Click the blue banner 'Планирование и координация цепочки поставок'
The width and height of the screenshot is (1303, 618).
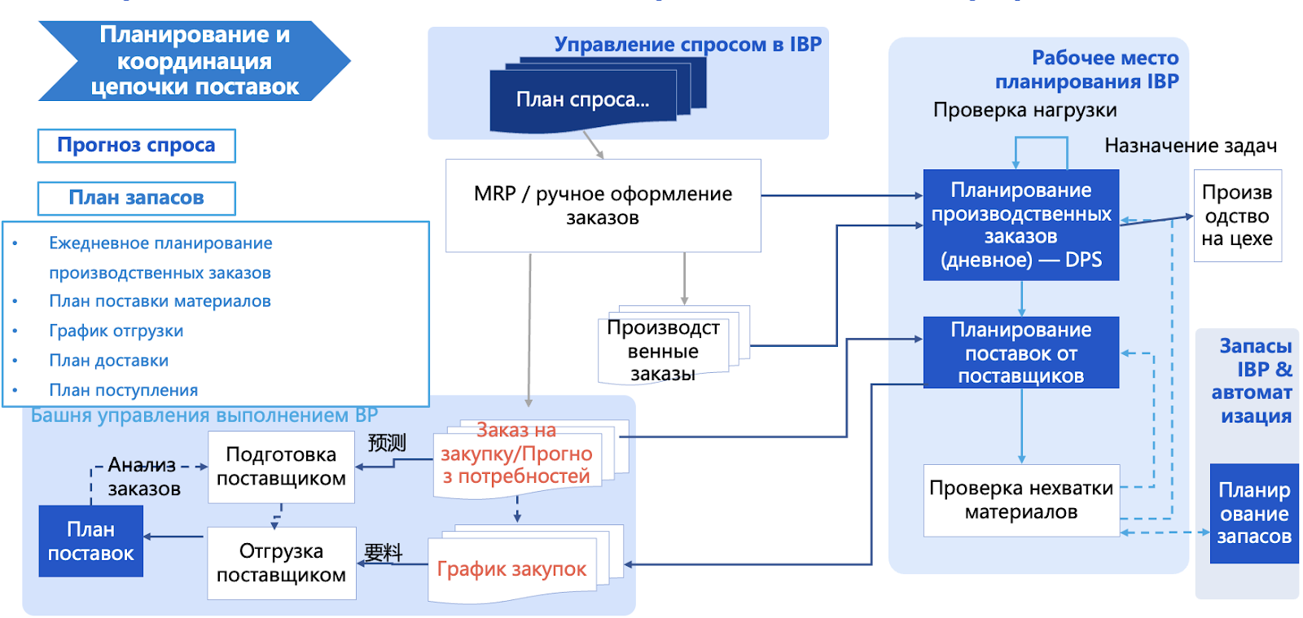click(194, 61)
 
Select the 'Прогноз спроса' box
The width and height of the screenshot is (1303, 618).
click(136, 146)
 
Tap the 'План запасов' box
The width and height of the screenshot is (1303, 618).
click(136, 198)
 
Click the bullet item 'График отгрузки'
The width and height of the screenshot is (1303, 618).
click(116, 331)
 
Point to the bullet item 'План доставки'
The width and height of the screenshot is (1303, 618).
click(108, 360)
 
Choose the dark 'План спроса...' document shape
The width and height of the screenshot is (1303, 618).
click(582, 100)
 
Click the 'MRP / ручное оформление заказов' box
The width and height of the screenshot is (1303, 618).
click(603, 205)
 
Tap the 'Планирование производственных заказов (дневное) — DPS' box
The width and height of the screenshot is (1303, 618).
click(1020, 225)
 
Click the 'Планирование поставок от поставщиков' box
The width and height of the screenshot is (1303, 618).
click(1020, 353)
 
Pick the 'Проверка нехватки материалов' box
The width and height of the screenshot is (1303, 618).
click(1020, 500)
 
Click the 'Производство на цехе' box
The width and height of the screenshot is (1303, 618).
click(1236, 216)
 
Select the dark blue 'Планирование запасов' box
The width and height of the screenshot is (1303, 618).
click(1253, 514)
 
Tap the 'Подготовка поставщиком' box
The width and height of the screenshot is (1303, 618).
click(281, 467)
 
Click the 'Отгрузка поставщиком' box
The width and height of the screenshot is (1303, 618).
click(281, 563)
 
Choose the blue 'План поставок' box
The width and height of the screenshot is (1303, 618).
click(90, 541)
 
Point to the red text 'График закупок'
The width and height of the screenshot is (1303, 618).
click(511, 568)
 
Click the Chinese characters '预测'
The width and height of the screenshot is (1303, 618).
click(386, 443)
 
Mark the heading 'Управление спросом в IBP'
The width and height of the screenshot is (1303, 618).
click(687, 45)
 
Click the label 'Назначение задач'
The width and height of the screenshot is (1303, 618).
click(1190, 146)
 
